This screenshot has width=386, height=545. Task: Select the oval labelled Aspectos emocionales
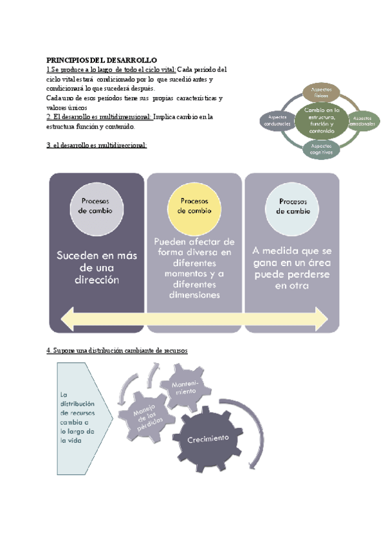(x=362, y=120)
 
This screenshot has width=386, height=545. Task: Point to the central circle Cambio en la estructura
(x=319, y=120)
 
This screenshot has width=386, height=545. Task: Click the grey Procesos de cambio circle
(x=95, y=206)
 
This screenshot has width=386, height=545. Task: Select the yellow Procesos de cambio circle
(x=194, y=206)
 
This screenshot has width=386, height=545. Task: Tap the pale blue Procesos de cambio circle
(x=292, y=206)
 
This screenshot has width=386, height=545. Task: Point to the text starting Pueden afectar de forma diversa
(x=194, y=267)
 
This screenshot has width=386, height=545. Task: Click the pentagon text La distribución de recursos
(x=77, y=418)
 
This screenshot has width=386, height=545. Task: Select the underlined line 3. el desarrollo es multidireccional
(x=96, y=145)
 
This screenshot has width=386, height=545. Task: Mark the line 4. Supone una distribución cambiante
(x=117, y=350)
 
